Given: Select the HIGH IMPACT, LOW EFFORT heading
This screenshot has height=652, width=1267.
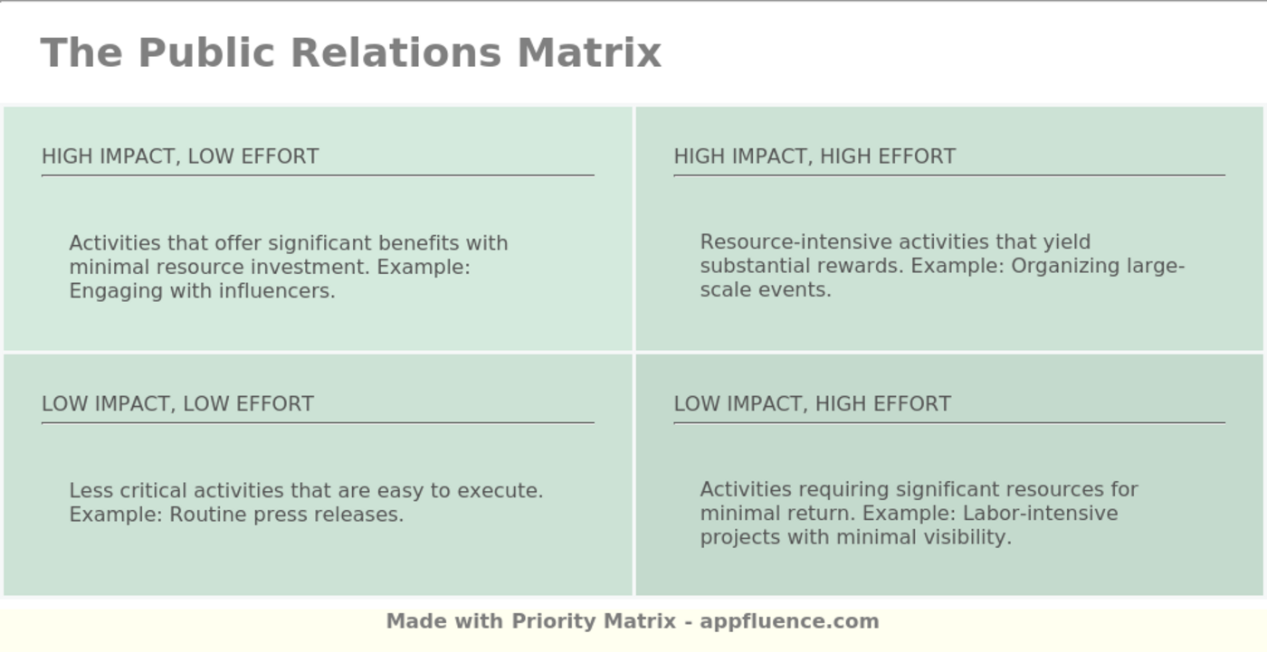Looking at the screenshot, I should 180,156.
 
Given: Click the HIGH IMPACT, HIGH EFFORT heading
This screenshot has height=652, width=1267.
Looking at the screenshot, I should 814,156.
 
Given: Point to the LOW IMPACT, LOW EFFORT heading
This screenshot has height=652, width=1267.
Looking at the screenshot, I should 177,403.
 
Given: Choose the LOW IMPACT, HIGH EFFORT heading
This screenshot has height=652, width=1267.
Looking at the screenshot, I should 812,403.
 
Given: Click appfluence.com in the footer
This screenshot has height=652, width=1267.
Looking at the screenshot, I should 789,621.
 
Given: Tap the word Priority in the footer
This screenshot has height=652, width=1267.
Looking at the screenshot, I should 554,621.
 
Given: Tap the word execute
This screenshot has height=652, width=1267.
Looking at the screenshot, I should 500,491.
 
